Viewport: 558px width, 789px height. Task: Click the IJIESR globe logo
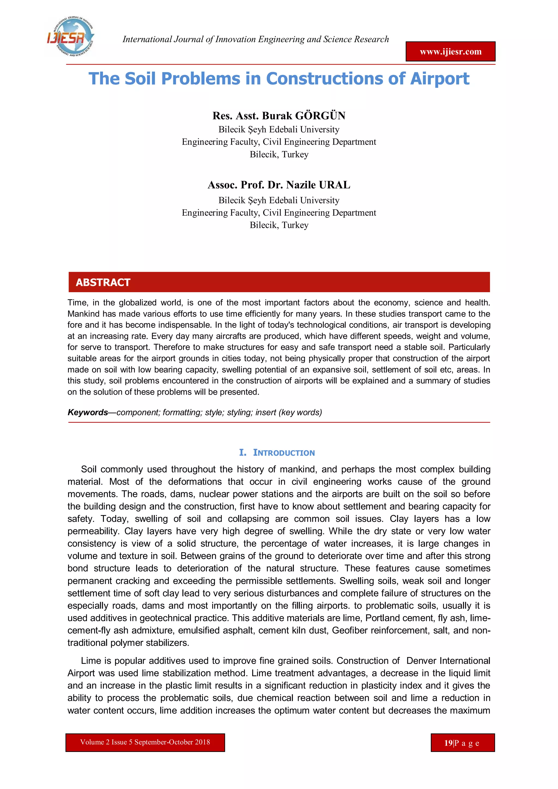coord(70,37)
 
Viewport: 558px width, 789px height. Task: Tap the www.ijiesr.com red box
coord(450,52)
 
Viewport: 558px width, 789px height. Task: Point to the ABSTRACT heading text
coord(103,282)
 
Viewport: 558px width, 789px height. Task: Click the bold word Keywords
coord(88,412)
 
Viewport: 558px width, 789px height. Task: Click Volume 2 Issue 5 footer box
coord(145,742)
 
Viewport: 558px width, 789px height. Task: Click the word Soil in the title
coord(141,79)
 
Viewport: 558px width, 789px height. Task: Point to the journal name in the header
coord(256,39)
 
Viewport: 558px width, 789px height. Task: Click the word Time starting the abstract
coord(77,303)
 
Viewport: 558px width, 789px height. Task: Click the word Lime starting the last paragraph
coord(90,661)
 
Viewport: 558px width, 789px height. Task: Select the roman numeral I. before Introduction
coord(242,453)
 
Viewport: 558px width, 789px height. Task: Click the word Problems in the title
coord(200,79)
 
